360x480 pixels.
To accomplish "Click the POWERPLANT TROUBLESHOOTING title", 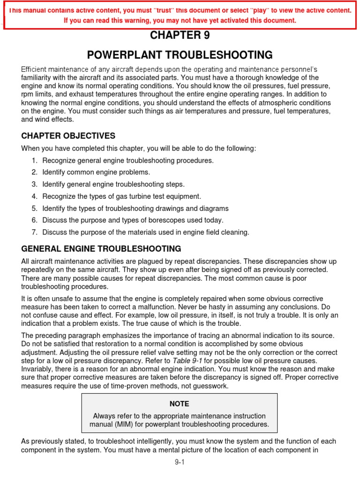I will point(180,55).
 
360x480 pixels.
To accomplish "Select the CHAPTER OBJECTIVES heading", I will point(68,136).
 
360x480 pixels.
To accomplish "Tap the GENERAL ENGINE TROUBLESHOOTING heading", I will point(101,248).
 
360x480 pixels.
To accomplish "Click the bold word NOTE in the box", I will point(180,404).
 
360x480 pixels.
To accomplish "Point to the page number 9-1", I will point(180,462).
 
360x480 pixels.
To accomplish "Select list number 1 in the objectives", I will point(34,160).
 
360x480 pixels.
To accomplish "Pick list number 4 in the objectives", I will point(34,196).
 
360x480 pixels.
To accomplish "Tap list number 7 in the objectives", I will point(34,232).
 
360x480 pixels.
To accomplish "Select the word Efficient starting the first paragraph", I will point(34,69).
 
